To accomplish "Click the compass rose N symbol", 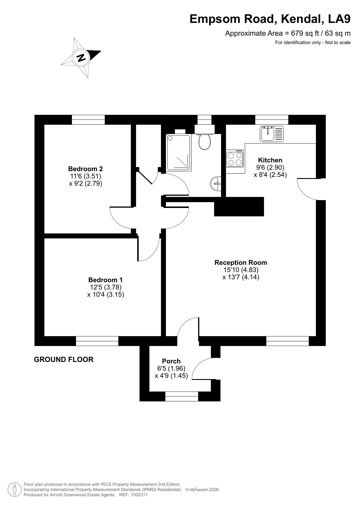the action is tap(81, 57).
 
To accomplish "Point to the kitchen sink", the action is tap(272, 134).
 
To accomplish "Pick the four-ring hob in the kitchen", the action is tap(235, 159).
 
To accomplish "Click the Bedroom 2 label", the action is tap(86, 169).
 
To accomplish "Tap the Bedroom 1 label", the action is tap(106, 280).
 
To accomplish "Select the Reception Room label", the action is tap(241, 262).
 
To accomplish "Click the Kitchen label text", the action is tap(270, 160).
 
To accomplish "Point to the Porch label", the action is tap(171, 361).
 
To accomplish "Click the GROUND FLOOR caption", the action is tap(64, 360).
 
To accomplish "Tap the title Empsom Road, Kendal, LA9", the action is tap(270, 19).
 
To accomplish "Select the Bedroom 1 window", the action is tap(97, 341).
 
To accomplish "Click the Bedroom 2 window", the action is tap(88, 119).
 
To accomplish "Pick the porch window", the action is tap(182, 396).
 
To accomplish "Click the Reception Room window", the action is tap(287, 341).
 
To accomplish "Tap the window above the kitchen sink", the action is tap(272, 119).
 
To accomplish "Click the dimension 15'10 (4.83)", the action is tap(241, 270).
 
